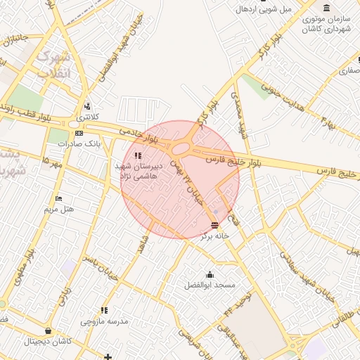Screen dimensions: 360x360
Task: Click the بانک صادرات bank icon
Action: [79, 133]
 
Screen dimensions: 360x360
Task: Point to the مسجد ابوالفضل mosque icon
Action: [210, 274]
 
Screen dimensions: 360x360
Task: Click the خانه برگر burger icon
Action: [214, 225]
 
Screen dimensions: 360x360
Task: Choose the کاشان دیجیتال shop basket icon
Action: [47, 330]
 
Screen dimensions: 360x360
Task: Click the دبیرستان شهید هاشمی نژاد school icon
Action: [137, 155]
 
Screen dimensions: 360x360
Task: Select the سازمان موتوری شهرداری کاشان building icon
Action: [326, 8]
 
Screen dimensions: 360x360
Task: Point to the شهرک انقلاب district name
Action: [53, 63]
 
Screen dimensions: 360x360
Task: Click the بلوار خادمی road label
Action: [134, 130]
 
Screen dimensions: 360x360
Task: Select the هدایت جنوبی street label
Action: [281, 94]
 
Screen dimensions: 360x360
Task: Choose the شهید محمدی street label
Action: [243, 120]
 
